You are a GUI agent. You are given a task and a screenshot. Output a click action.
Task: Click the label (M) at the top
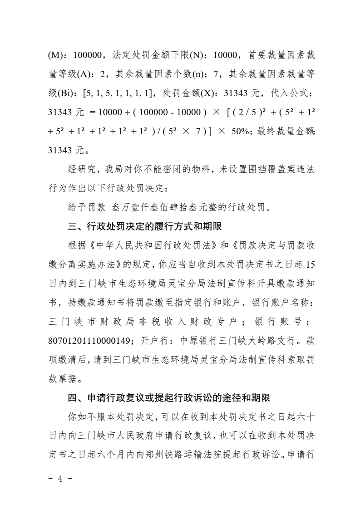[x=55, y=55]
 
